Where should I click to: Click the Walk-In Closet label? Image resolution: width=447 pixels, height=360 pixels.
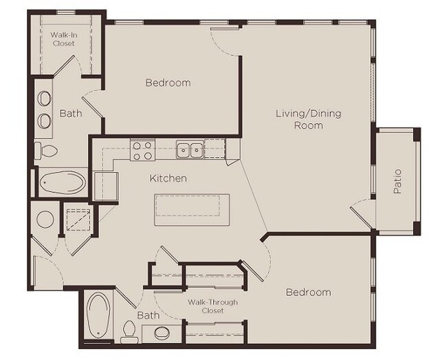63,39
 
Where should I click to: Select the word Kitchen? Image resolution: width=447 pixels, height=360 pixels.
168,178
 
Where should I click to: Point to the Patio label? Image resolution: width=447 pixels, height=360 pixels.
397,181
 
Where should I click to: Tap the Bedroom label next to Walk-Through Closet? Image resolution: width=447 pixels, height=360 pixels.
308,293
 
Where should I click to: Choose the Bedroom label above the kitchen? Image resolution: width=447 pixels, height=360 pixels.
168,83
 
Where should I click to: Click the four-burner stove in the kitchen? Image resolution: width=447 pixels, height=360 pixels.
142,149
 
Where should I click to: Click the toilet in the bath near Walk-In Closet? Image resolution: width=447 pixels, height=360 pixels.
47,149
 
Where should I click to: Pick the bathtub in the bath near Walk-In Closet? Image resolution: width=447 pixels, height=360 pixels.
61,183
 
